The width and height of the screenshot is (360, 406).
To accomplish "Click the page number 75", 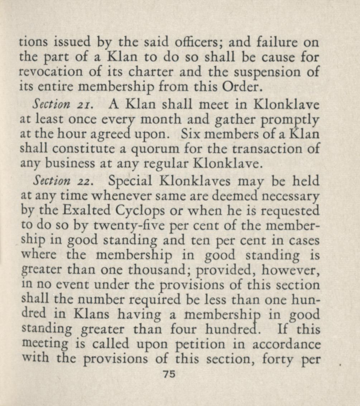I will pyautogui.click(x=169, y=374).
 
